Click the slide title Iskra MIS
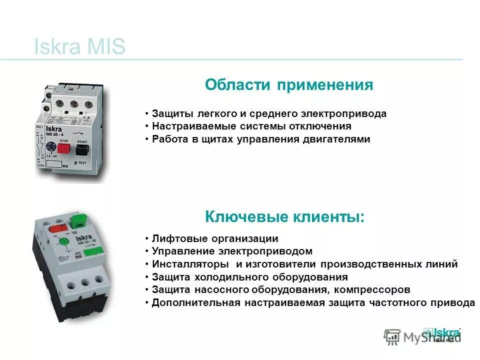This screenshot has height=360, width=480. coord(79,47)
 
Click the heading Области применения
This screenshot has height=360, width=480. coord(289,84)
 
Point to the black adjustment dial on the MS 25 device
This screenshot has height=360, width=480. coord(51,147)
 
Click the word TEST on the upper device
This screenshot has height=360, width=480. coord(82,162)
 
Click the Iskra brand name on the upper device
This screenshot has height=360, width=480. coord(53,130)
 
